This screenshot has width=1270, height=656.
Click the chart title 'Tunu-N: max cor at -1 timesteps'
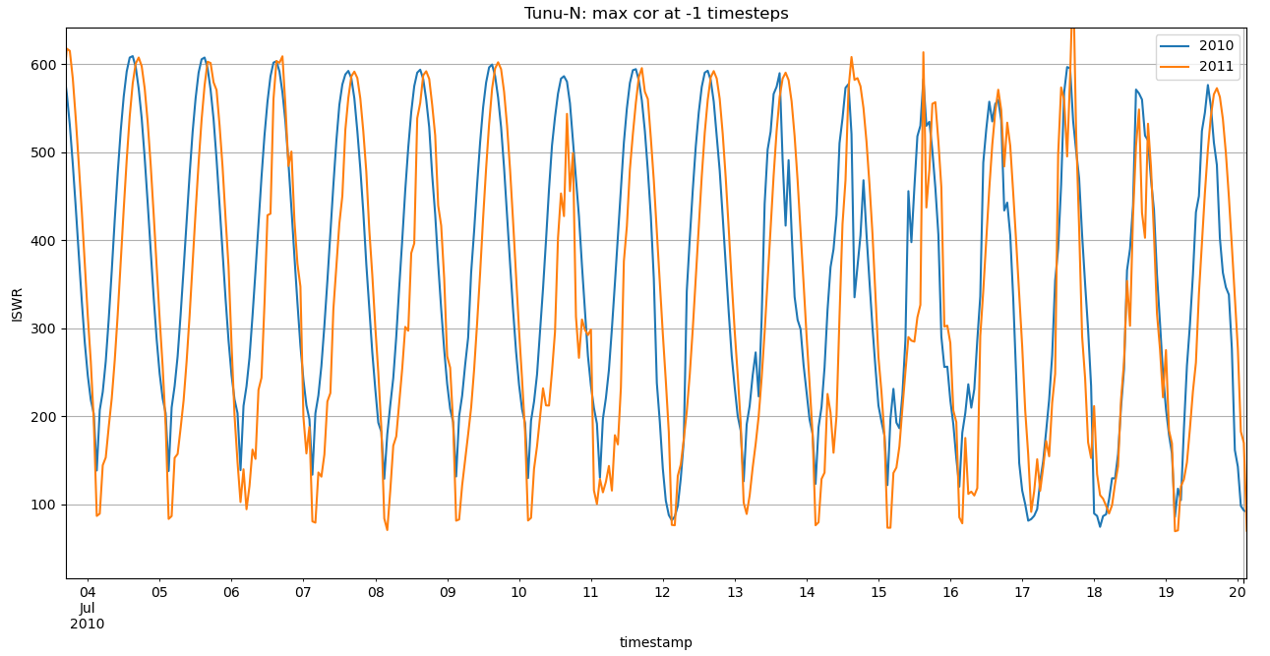click(656, 14)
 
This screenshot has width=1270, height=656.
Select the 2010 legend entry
click(1216, 45)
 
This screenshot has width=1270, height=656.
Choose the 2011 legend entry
click(1216, 64)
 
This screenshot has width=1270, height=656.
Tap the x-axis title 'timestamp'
click(655, 642)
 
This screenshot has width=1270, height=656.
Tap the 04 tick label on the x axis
click(88, 593)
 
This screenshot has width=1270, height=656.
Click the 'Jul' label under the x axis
click(88, 608)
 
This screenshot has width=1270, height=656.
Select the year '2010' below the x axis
click(88, 624)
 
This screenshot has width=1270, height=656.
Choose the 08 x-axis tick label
click(375, 593)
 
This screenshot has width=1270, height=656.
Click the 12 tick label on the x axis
click(662, 593)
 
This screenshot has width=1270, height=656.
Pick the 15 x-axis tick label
click(878, 593)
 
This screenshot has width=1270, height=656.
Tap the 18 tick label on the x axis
click(1094, 593)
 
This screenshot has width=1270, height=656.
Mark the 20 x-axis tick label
click(1238, 593)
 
